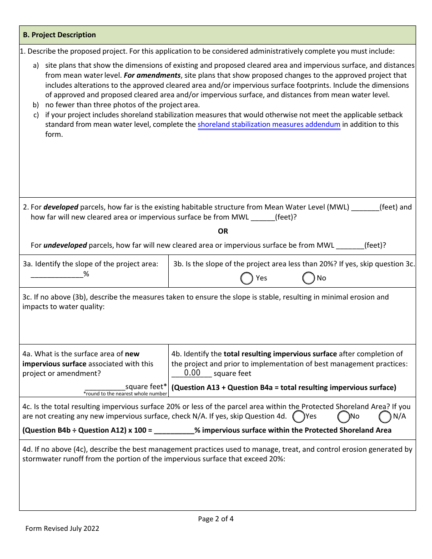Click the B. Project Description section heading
tap(59, 35)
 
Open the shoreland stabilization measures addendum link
tap(269, 125)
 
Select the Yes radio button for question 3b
tap(246, 278)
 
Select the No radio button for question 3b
tap(308, 278)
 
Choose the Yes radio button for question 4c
tap(299, 416)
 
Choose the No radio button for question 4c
tap(343, 416)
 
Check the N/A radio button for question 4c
tap(385, 416)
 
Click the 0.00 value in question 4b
tap(192, 373)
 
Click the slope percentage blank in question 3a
tap(56, 274)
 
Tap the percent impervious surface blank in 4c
tap(174, 430)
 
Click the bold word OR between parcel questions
tap(223, 231)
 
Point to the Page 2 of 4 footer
tap(216, 519)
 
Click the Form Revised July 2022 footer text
tap(62, 529)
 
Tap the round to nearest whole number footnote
tap(126, 394)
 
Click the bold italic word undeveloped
tap(65, 245)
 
